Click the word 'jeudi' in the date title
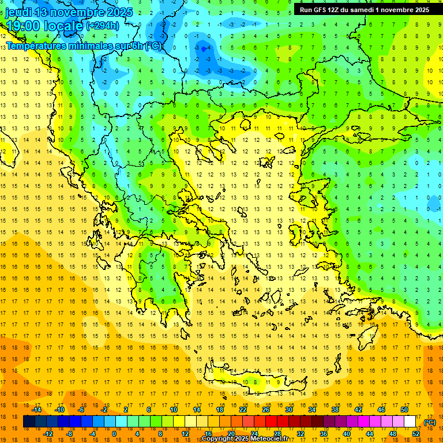click(x=19, y=12)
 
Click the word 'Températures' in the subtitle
click(x=35, y=46)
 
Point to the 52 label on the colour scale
click(x=416, y=434)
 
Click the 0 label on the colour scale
click(x=114, y=434)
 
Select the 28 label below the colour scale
click(x=277, y=434)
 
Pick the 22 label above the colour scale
click(x=243, y=410)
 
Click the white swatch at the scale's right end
click(x=410, y=422)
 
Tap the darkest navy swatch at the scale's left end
click(x=29, y=422)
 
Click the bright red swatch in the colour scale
click(x=271, y=422)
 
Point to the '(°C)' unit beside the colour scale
click(x=430, y=422)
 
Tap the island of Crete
click(x=254, y=381)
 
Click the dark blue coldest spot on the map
click(x=204, y=50)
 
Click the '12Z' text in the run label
click(x=337, y=10)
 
